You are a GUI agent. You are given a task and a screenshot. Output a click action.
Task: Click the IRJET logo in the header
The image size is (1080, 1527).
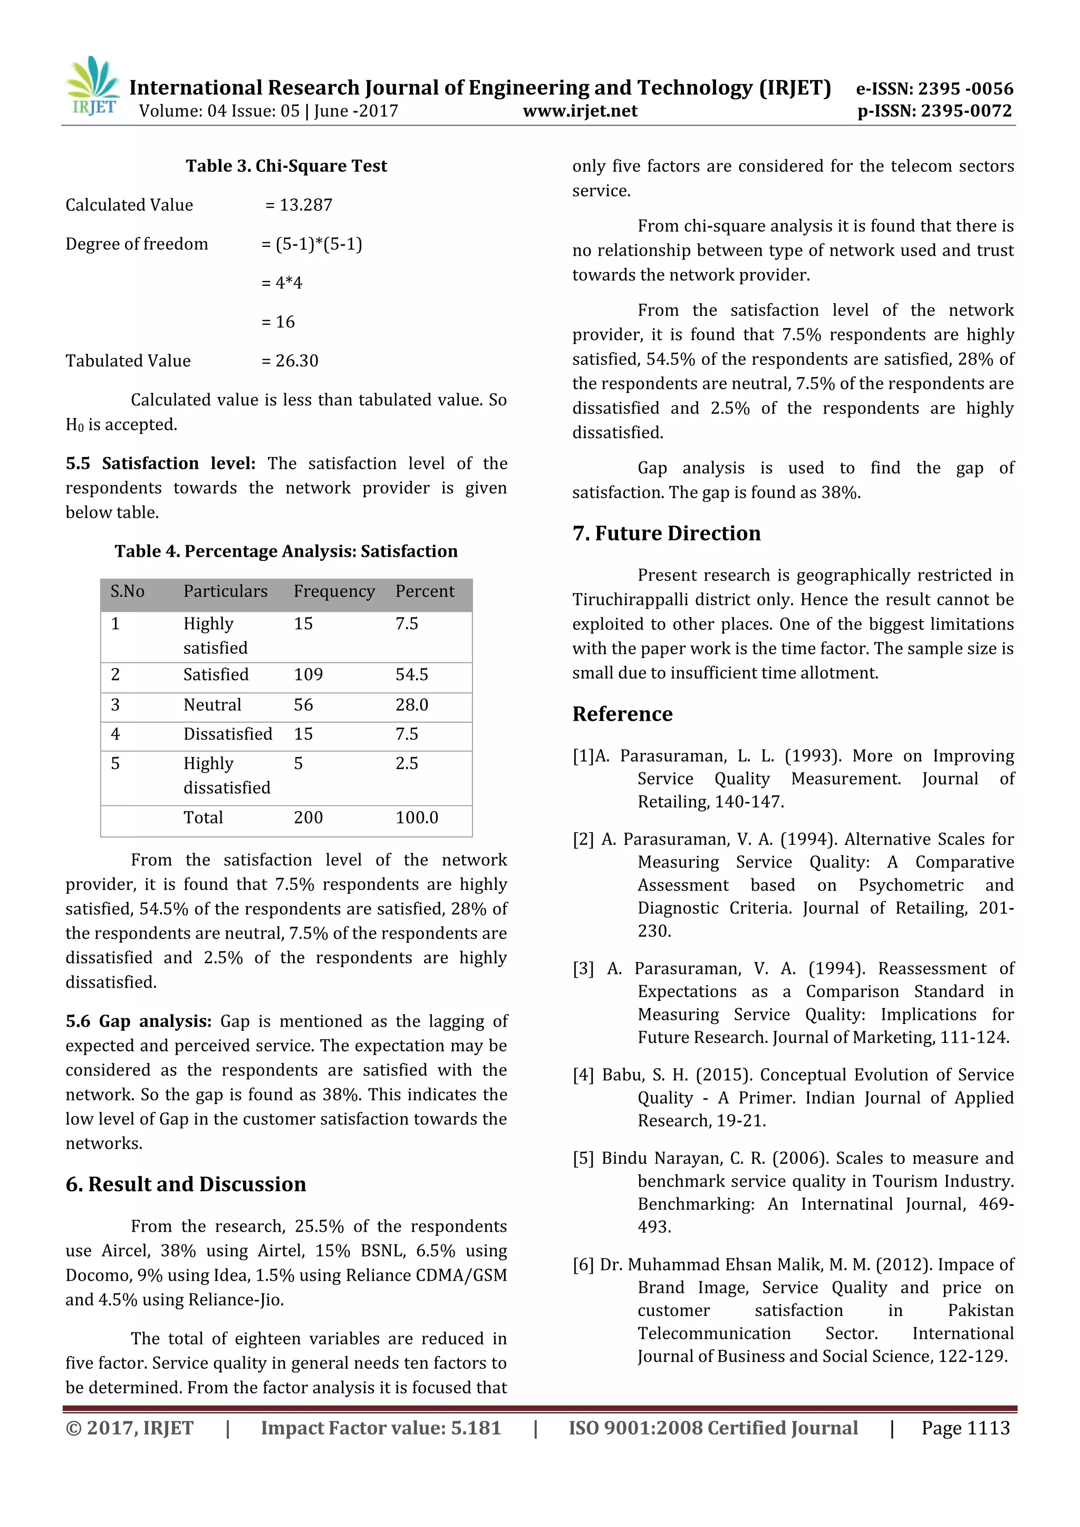[93, 86]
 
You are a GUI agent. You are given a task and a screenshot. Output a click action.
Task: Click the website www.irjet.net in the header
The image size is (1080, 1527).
[580, 111]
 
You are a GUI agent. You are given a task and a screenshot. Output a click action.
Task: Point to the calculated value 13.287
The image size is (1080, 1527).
[305, 205]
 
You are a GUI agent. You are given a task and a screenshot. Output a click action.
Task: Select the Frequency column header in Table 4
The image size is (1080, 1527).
[334, 591]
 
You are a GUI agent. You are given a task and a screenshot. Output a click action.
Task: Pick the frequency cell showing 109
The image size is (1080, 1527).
[308, 674]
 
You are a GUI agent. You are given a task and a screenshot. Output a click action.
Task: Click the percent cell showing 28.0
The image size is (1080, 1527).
[412, 705]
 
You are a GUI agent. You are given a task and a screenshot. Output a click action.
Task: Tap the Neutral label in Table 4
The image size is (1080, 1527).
[212, 705]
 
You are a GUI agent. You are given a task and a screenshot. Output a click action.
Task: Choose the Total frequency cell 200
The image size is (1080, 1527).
[308, 817]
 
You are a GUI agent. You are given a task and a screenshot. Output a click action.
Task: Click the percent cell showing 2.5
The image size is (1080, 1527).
[407, 763]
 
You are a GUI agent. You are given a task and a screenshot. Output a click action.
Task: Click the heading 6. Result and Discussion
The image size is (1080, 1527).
[186, 1184]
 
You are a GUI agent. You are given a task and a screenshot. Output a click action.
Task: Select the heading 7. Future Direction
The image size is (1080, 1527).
[667, 534]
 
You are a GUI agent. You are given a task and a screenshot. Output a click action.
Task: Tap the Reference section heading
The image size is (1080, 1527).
[622, 713]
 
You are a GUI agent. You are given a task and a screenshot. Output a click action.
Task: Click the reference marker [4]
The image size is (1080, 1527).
[583, 1076]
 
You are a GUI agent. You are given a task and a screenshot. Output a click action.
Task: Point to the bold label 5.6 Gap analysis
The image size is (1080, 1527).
[138, 1021]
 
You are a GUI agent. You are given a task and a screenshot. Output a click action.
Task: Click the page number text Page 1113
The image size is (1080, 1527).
[965, 1428]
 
